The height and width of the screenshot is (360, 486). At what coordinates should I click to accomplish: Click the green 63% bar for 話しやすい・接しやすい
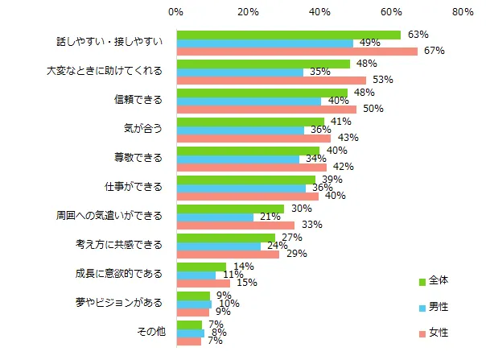288,35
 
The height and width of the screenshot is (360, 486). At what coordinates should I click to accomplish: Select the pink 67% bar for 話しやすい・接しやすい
296,52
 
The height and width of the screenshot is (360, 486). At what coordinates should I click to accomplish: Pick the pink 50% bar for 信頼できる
266,109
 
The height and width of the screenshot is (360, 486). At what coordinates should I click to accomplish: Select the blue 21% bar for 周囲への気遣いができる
214,217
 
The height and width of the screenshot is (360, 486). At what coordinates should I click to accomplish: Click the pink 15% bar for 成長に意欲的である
203,283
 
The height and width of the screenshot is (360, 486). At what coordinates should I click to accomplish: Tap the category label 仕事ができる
138,188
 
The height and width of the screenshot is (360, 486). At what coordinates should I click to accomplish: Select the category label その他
150,332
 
